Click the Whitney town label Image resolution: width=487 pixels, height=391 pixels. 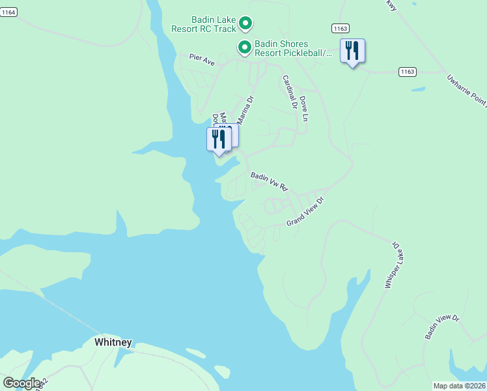113,342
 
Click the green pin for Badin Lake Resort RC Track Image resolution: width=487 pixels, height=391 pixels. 245,23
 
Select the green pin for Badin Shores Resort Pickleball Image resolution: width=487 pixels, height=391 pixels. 244,47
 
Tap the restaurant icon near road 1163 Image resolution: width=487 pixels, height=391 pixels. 352,51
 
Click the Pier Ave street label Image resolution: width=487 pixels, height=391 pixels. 202,60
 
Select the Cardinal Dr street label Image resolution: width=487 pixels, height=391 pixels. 289,91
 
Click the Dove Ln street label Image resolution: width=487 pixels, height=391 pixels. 303,108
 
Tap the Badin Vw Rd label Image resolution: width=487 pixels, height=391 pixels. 269,181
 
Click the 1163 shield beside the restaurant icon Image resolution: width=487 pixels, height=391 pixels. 340,28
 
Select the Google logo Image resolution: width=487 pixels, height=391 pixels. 21,383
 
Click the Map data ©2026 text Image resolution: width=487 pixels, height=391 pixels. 459,386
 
